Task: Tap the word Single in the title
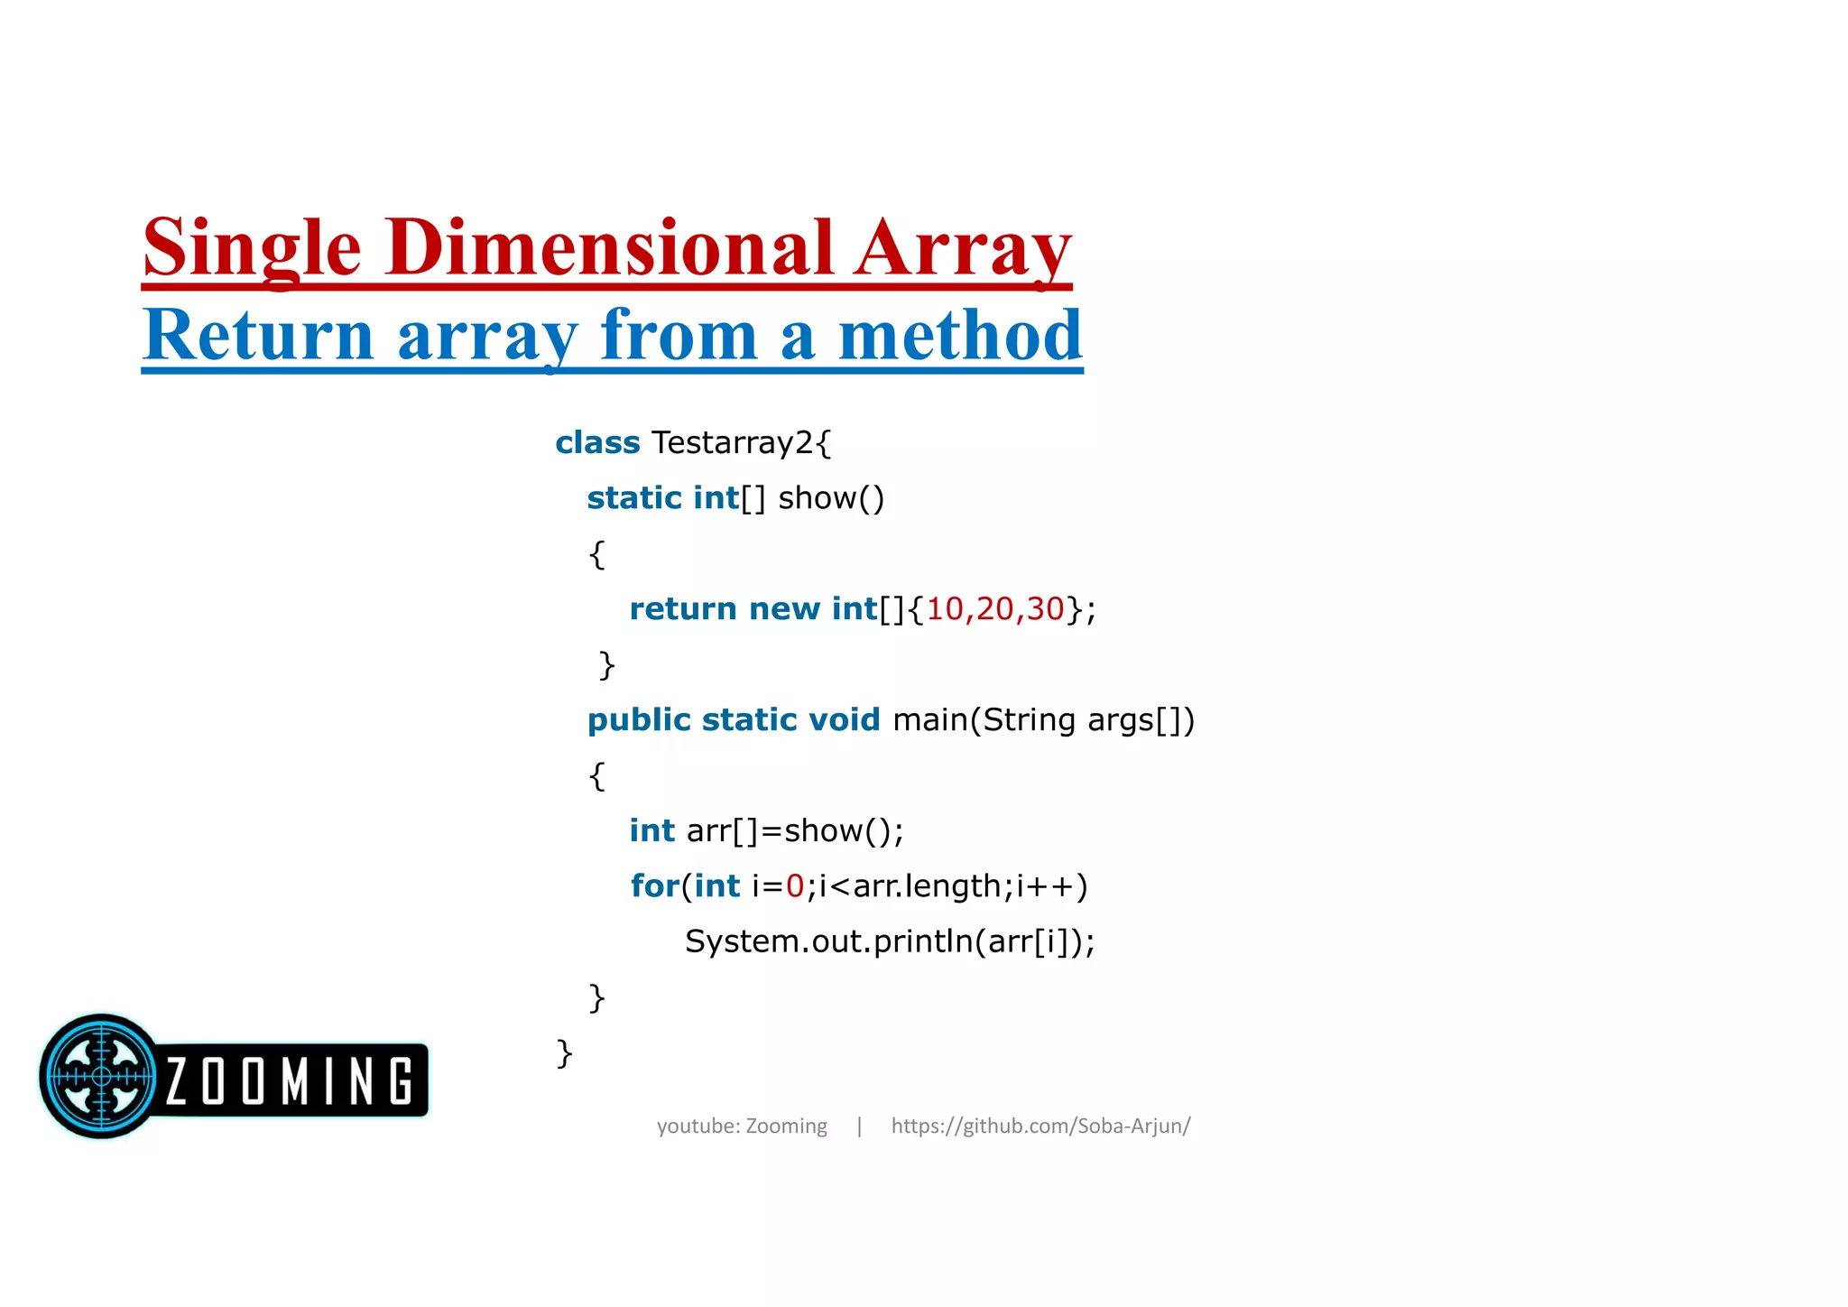(253, 249)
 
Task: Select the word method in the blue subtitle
(959, 336)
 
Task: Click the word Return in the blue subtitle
(258, 336)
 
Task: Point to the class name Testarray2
(732, 443)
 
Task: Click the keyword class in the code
(597, 443)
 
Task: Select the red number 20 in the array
(994, 609)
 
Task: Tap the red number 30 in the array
(1045, 609)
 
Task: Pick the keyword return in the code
(683, 609)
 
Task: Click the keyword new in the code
(784, 609)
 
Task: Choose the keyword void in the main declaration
(844, 720)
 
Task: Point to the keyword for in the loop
(654, 886)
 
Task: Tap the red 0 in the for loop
(795, 886)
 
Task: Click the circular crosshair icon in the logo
(101, 1076)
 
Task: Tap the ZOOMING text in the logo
(290, 1080)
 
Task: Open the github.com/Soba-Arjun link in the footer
(1040, 1126)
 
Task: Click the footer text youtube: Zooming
(742, 1126)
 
